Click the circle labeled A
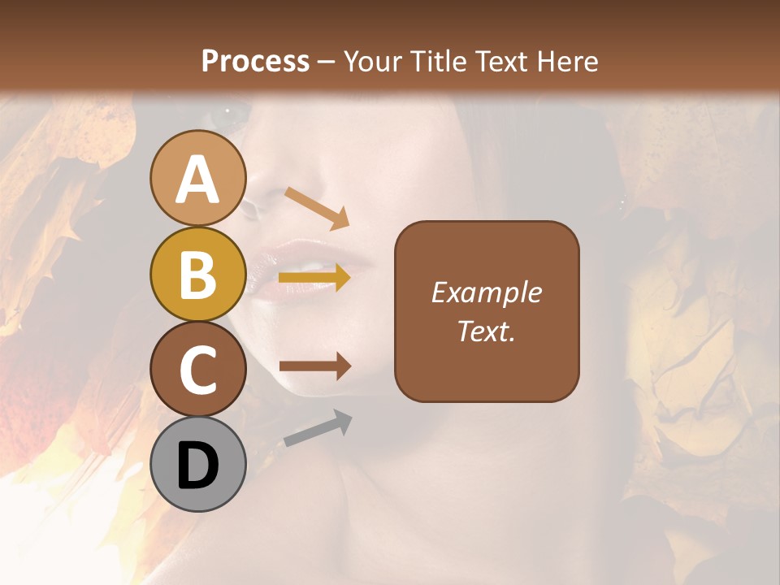coord(197,178)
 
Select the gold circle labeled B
coord(197,274)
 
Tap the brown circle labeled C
coord(197,369)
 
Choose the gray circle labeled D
coord(197,464)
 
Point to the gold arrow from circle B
coord(314,278)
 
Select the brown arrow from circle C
coord(314,366)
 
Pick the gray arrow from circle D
coord(318,428)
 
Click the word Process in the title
coord(255,61)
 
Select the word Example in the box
coord(486,292)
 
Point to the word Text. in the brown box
coord(486,331)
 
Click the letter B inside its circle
coord(197,274)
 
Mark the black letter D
coord(197,466)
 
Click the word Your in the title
coord(375,61)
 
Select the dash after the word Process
coord(326,63)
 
